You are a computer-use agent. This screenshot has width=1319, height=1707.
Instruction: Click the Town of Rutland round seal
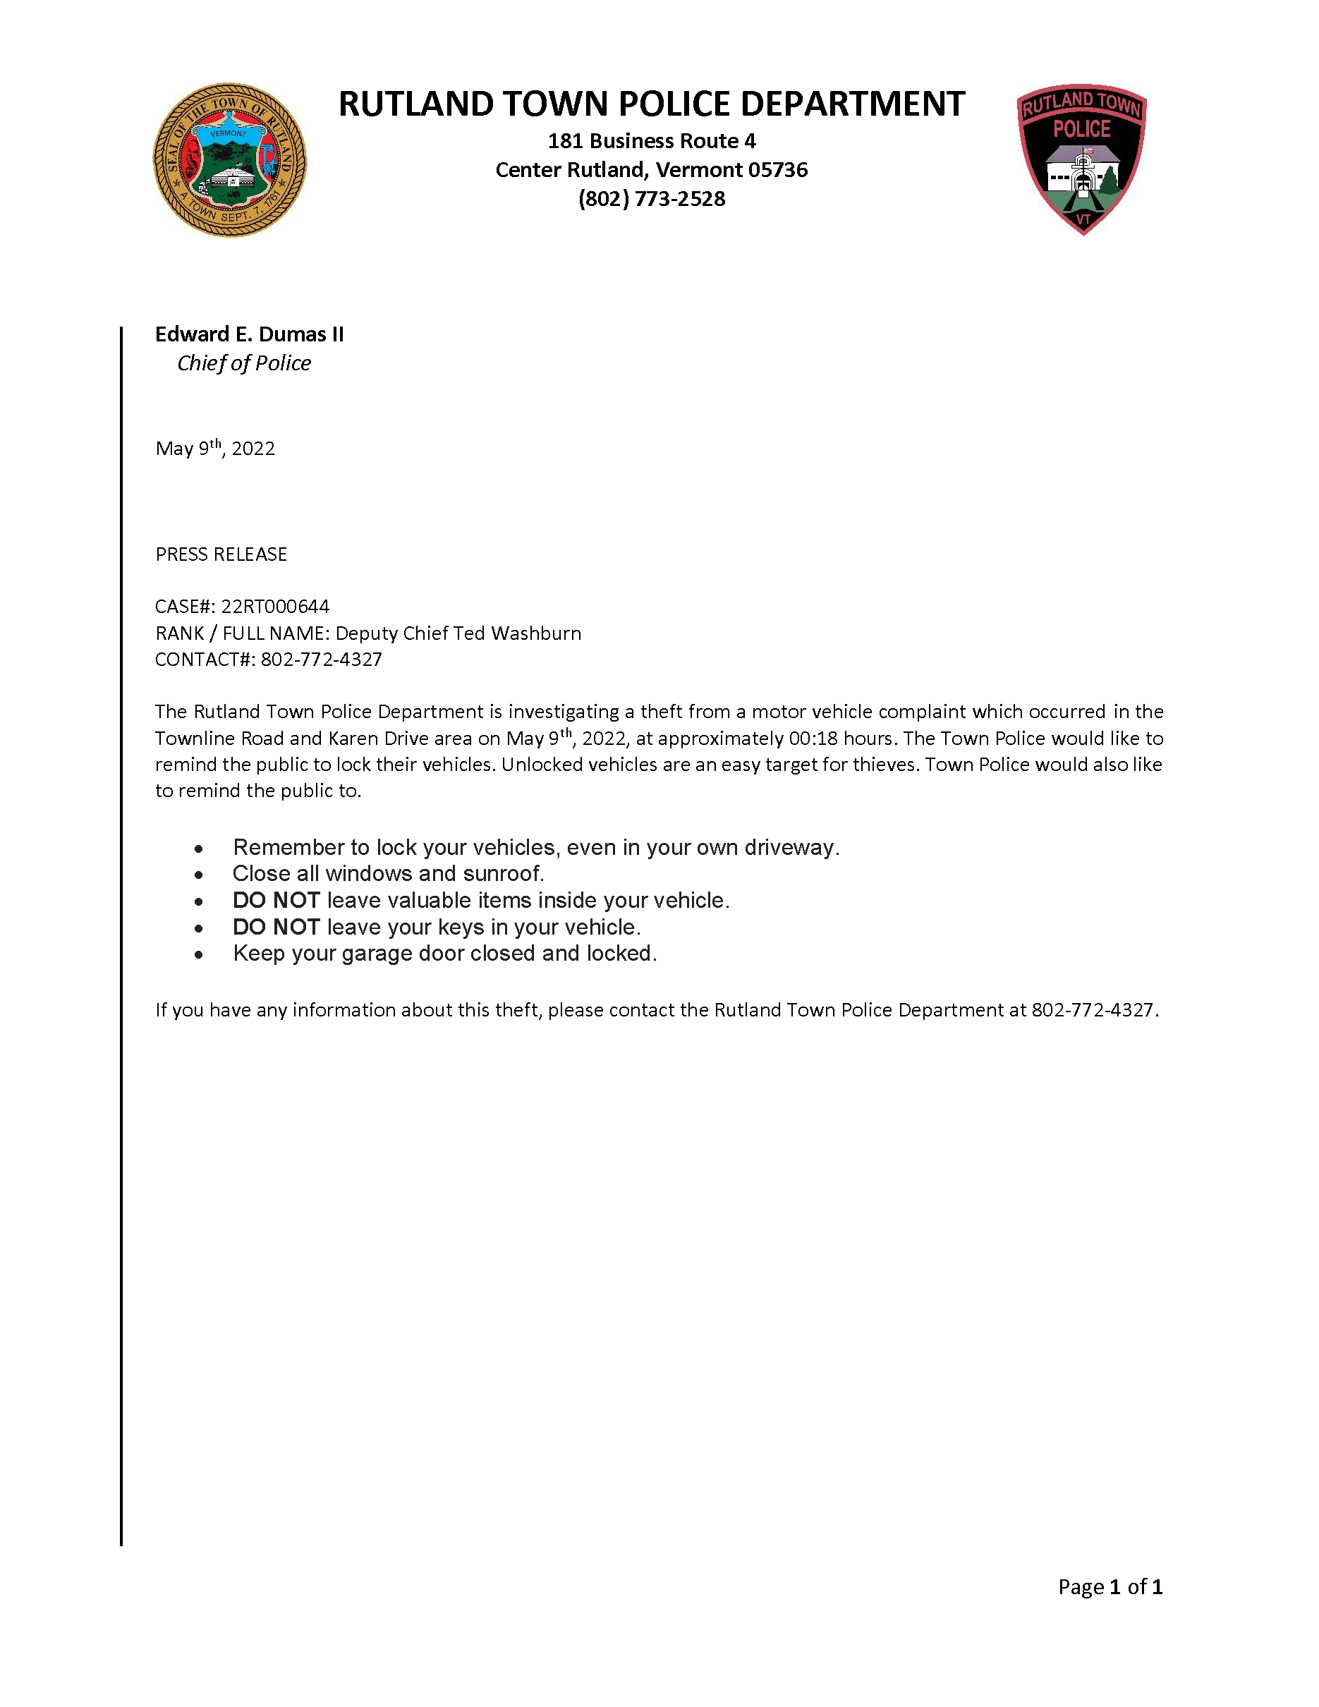pos(229,160)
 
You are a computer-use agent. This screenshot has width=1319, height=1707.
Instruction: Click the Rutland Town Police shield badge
pos(1081,159)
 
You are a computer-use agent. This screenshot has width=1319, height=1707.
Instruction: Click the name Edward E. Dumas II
pos(249,334)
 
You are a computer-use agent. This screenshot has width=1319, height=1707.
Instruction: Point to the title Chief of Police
pos(244,363)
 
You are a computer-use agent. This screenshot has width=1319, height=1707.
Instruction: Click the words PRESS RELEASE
pos(221,554)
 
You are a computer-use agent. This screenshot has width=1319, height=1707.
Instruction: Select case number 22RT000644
pos(275,607)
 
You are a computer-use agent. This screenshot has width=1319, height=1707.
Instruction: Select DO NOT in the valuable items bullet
pos(276,900)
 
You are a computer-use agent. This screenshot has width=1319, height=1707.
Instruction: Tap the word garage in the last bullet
pos(377,954)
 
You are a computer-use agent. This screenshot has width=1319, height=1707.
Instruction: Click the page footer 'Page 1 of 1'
pos(1110,1586)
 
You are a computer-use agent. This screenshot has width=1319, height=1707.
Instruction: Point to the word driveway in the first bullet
pos(791,847)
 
